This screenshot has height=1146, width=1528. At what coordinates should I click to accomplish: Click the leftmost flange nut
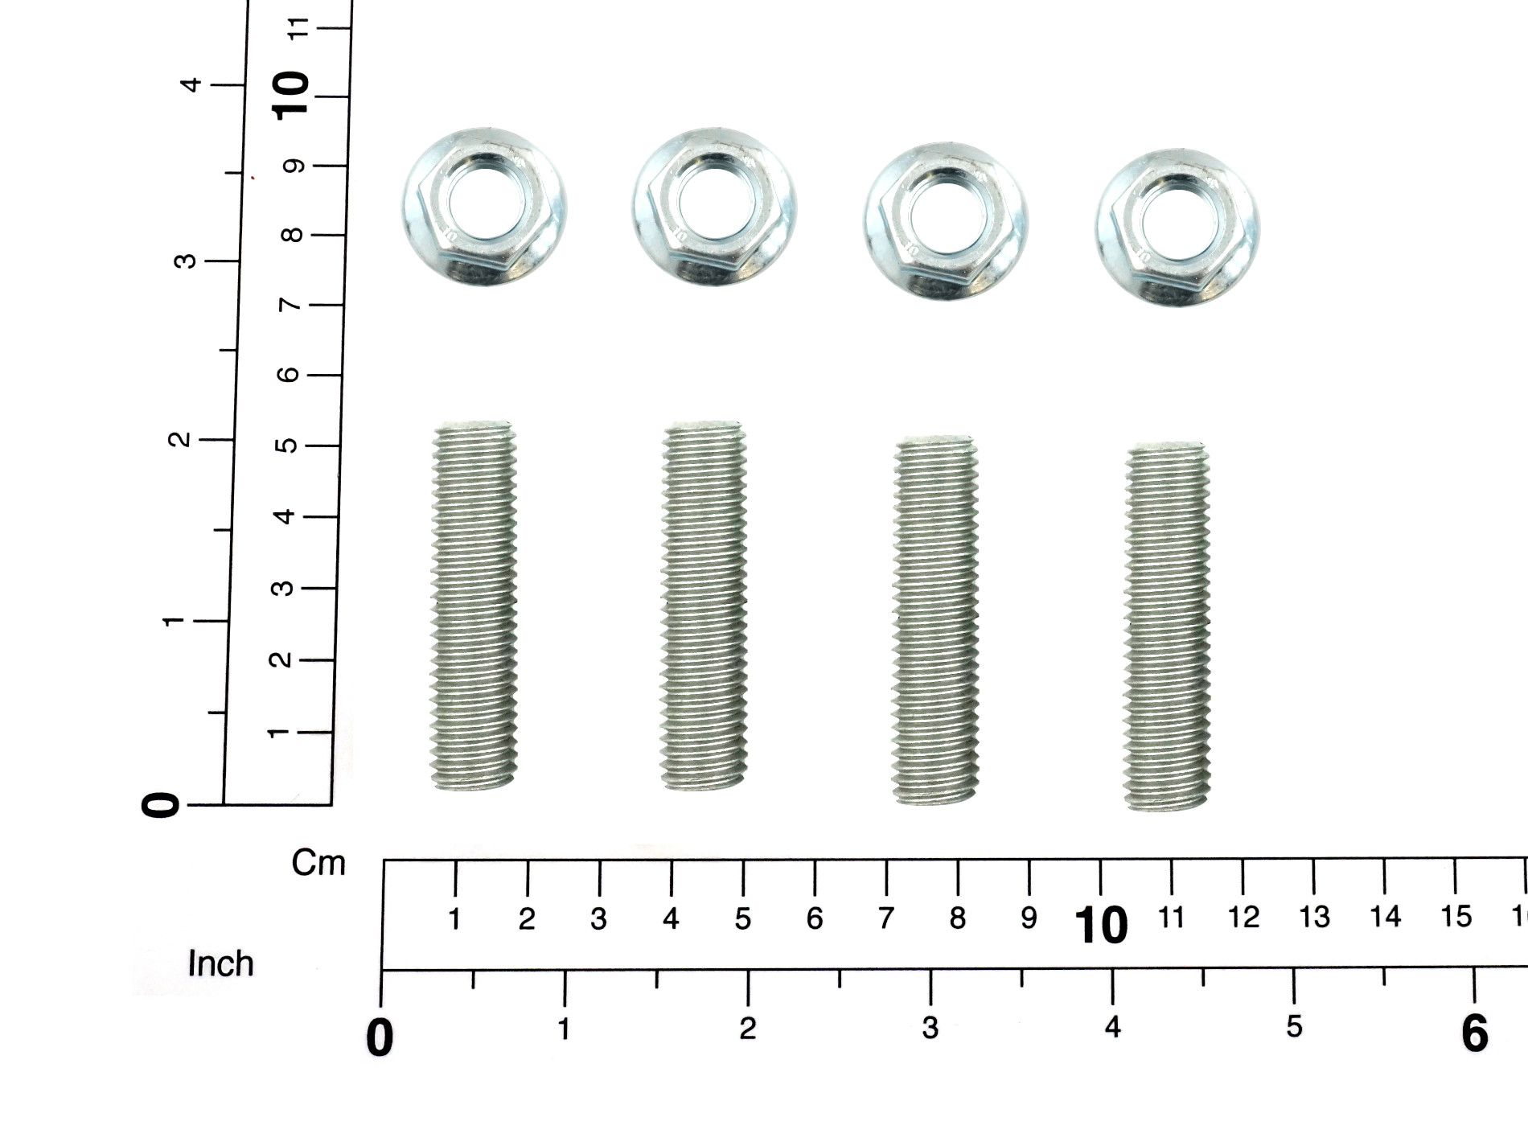[x=484, y=207]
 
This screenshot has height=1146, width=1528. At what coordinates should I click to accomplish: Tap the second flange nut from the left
[x=714, y=207]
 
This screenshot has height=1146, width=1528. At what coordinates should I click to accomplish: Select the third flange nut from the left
[x=946, y=221]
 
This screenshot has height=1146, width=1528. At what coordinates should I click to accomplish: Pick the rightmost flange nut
[x=1177, y=227]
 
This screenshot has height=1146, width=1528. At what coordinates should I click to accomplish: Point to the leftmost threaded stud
[x=474, y=606]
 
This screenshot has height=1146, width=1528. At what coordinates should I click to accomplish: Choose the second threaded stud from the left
[x=704, y=606]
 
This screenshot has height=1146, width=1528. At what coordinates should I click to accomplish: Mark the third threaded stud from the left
[x=935, y=619]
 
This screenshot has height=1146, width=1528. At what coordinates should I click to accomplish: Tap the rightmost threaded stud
[x=1167, y=626]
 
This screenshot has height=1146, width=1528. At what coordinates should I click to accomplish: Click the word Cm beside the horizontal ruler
[x=318, y=863]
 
